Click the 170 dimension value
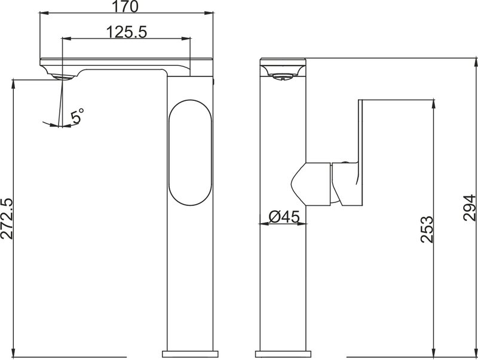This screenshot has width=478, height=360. click(125, 7)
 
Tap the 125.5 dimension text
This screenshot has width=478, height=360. click(127, 32)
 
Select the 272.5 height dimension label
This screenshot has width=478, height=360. click(7, 219)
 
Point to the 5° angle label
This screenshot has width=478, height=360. click(77, 116)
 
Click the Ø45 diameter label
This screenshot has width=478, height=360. click(284, 217)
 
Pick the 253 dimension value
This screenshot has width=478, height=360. click(427, 229)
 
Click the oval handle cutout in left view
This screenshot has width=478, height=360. click(190, 152)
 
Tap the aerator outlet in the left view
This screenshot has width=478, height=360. click(62, 77)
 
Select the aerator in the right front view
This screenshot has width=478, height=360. click(283, 76)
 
